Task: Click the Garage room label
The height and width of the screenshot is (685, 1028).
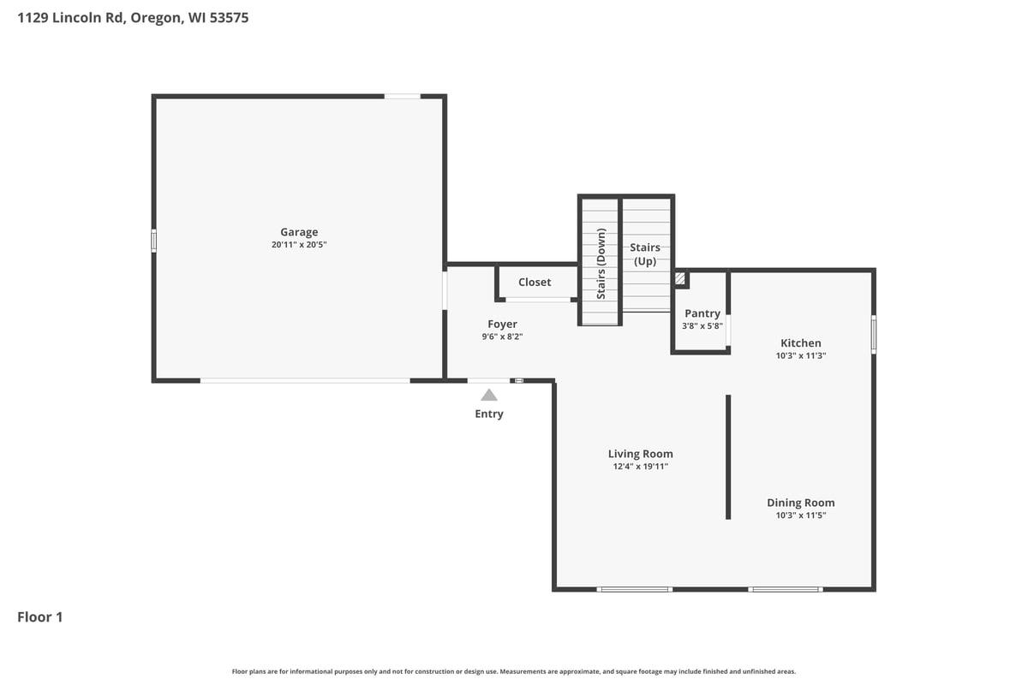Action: (299, 232)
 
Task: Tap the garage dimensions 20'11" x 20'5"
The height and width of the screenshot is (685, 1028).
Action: (299, 245)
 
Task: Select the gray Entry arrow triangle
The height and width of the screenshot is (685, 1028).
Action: (489, 395)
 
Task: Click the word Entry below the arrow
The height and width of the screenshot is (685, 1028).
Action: (489, 414)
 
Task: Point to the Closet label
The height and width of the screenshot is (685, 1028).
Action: (535, 283)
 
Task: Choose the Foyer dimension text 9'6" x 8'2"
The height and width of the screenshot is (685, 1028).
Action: (502, 337)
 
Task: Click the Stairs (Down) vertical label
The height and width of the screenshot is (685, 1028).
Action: (601, 263)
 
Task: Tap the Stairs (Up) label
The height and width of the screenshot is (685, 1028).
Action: (645, 254)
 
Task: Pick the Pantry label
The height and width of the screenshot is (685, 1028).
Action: (702, 313)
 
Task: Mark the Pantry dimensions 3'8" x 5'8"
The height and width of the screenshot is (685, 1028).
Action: (702, 326)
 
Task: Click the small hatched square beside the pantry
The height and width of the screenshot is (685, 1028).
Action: (680, 279)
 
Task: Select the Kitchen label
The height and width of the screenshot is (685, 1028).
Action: (800, 343)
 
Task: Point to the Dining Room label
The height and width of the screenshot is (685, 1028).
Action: (800, 503)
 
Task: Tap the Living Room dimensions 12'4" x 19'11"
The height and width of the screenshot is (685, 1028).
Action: (640, 467)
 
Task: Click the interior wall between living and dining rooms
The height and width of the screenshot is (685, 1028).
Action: (728, 456)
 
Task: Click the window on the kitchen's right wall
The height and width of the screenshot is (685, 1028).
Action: (874, 334)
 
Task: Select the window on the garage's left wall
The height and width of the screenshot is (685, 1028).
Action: (154, 241)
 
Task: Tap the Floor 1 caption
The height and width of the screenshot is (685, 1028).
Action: (40, 616)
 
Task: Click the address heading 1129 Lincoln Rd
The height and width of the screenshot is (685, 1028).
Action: (133, 17)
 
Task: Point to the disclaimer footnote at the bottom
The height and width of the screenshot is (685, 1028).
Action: (514, 671)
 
